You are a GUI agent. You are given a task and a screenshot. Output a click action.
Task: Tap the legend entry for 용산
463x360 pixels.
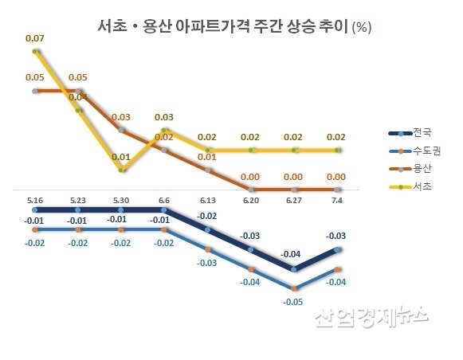[411, 168]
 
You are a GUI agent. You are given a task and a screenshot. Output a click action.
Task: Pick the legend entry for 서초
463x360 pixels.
[411, 186]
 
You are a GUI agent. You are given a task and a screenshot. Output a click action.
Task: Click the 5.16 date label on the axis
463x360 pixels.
[34, 200]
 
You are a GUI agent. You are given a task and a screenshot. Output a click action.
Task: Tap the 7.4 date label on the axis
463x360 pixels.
[339, 200]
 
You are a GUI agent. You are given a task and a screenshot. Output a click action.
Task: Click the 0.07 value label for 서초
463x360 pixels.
[34, 37]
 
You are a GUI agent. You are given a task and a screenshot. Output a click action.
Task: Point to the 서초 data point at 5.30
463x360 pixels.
[121, 170]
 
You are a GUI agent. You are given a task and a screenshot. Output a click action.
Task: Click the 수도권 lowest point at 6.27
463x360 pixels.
[295, 288]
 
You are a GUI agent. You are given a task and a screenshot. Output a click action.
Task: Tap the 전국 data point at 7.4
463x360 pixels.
[339, 249]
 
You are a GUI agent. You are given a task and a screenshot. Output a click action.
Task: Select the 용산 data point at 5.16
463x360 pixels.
[34, 91]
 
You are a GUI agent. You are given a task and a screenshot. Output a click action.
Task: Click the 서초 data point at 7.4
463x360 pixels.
[339, 149]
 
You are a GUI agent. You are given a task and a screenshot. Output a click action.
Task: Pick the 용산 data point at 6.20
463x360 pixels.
[252, 189]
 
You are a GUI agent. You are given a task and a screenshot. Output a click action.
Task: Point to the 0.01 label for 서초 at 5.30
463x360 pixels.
[121, 156]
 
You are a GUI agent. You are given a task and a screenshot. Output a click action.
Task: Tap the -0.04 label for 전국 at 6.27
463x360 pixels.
[293, 254]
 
